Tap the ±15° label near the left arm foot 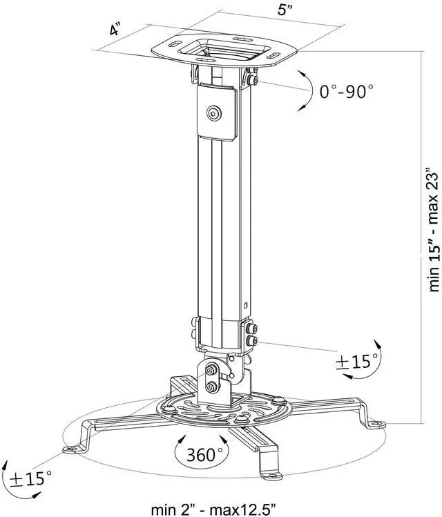[32, 477]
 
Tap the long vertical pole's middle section [221, 228]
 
